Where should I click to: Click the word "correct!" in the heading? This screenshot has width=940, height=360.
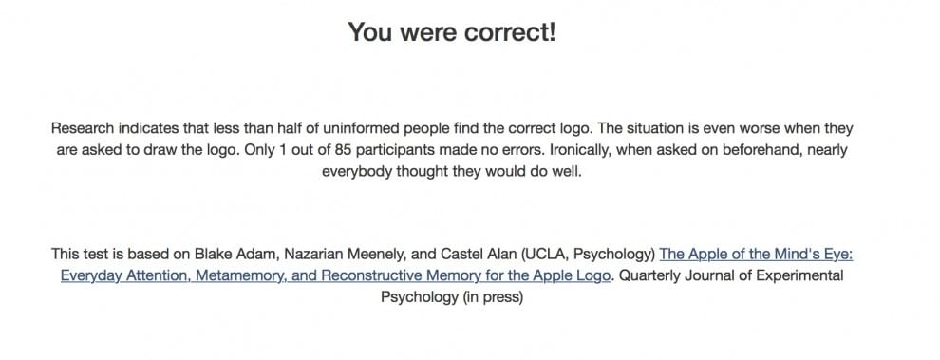point(510,31)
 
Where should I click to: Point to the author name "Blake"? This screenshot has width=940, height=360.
point(211,255)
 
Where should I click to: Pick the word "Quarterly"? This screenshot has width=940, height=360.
point(647,276)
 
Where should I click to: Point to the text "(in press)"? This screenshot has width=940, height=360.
point(493,297)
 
